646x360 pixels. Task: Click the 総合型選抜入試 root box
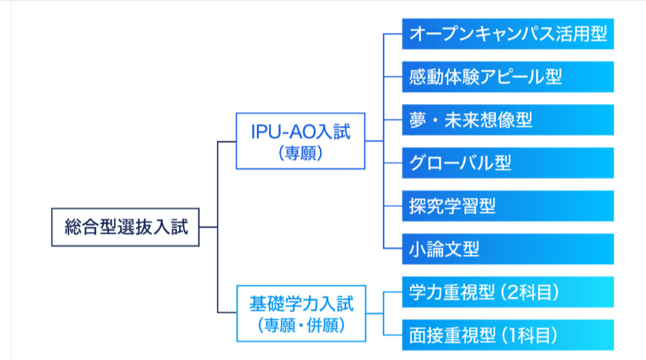125,227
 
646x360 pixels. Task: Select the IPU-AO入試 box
300,141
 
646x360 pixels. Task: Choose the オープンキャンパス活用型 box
508,34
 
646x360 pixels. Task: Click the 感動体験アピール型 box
508,77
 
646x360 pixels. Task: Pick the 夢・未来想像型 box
508,120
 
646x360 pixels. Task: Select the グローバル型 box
508,163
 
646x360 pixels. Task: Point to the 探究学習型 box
508,206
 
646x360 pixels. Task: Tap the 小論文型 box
508,249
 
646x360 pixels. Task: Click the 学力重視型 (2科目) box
508,292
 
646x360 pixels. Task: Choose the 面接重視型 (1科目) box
508,335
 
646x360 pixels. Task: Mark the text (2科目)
529,292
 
